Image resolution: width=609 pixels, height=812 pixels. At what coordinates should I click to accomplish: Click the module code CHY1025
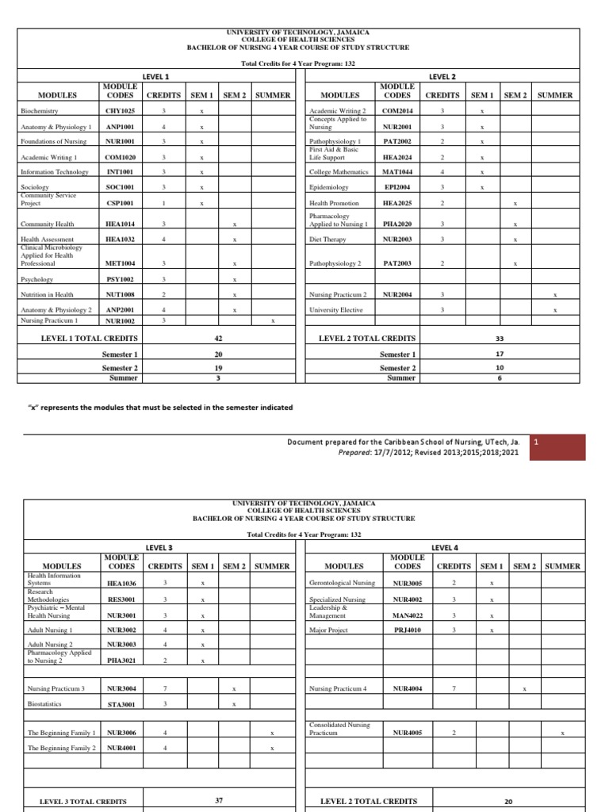120,111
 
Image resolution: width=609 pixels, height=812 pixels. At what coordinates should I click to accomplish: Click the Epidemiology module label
328,188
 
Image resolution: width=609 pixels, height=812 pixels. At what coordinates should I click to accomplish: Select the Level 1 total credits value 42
218,338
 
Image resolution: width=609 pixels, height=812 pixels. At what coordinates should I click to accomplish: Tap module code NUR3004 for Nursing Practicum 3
122,688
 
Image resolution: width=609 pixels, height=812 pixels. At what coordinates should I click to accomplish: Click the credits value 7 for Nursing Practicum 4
453,688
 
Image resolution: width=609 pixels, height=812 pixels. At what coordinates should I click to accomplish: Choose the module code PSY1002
120,279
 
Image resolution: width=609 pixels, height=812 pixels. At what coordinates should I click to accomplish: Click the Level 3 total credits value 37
218,801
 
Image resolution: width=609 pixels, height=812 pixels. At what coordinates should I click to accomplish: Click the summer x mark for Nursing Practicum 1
273,321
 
